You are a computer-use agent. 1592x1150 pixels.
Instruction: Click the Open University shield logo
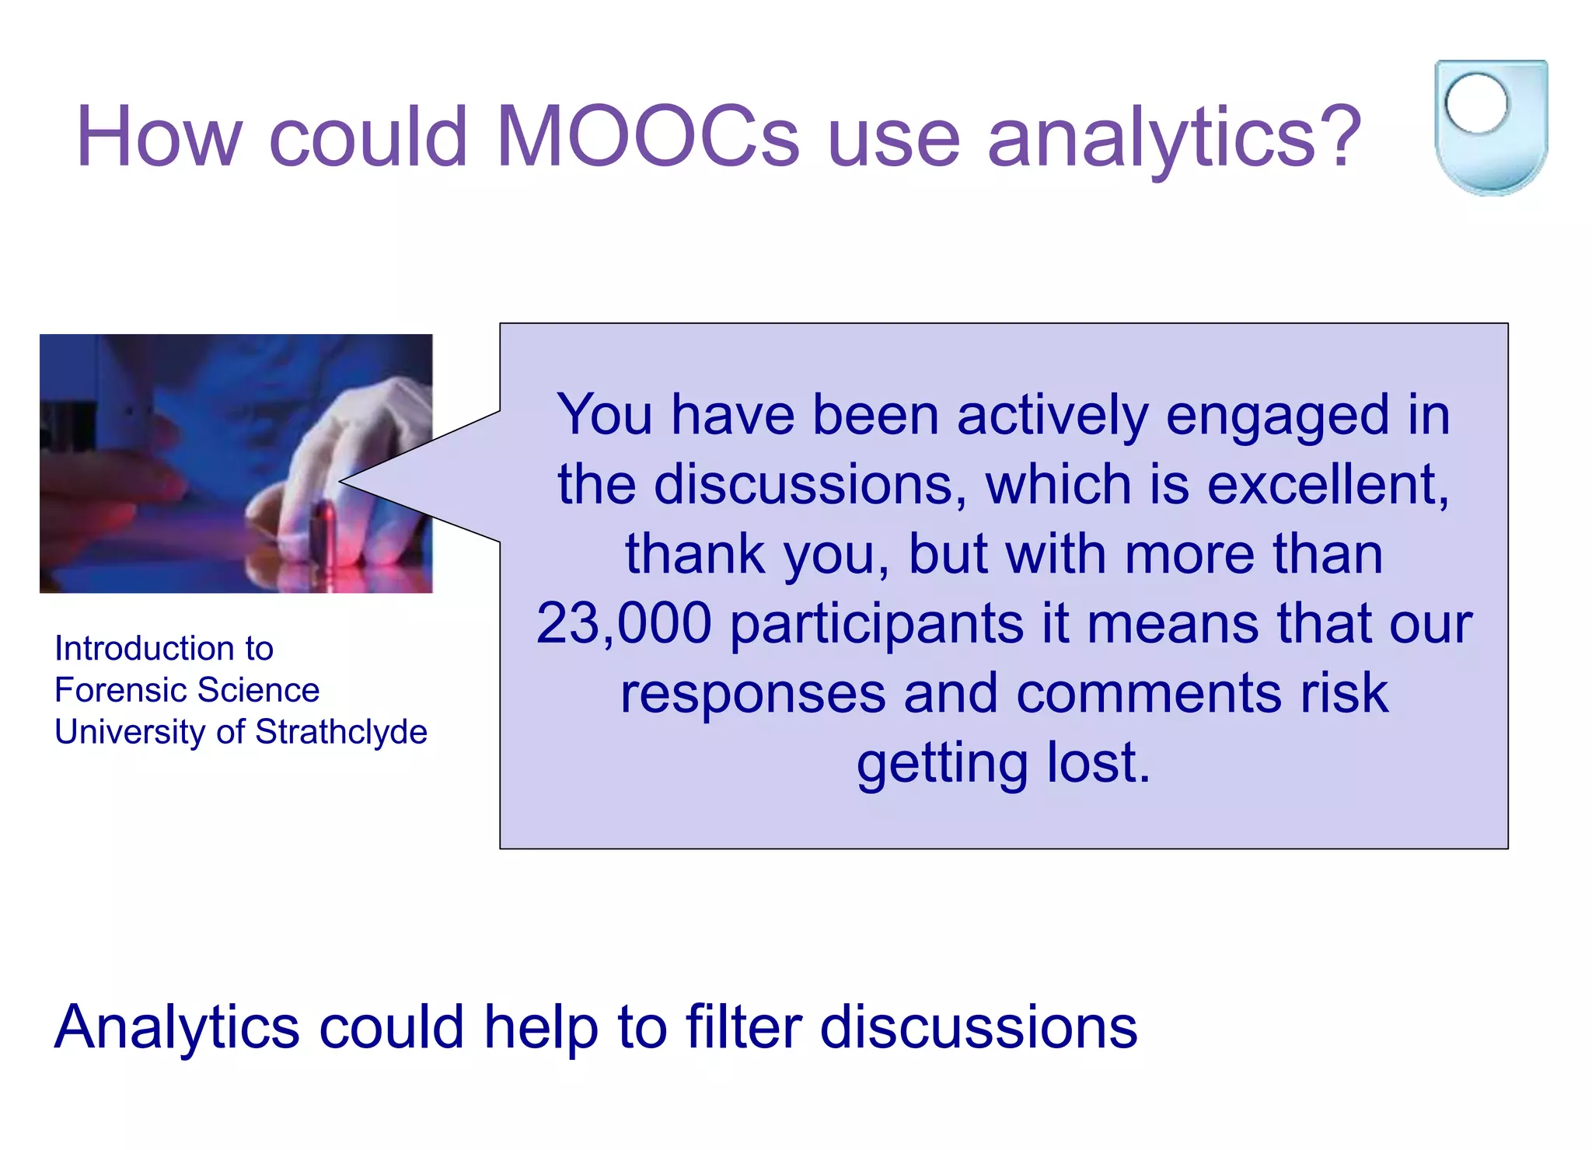click(1490, 128)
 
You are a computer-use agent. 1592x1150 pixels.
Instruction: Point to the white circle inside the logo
click(1476, 103)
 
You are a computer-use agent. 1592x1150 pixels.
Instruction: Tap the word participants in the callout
click(876, 625)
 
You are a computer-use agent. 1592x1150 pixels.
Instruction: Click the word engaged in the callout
click(1277, 416)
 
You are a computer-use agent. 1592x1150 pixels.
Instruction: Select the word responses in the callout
click(752, 693)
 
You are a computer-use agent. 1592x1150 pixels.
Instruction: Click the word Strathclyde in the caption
click(341, 732)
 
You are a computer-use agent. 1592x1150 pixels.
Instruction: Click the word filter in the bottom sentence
click(743, 1027)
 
